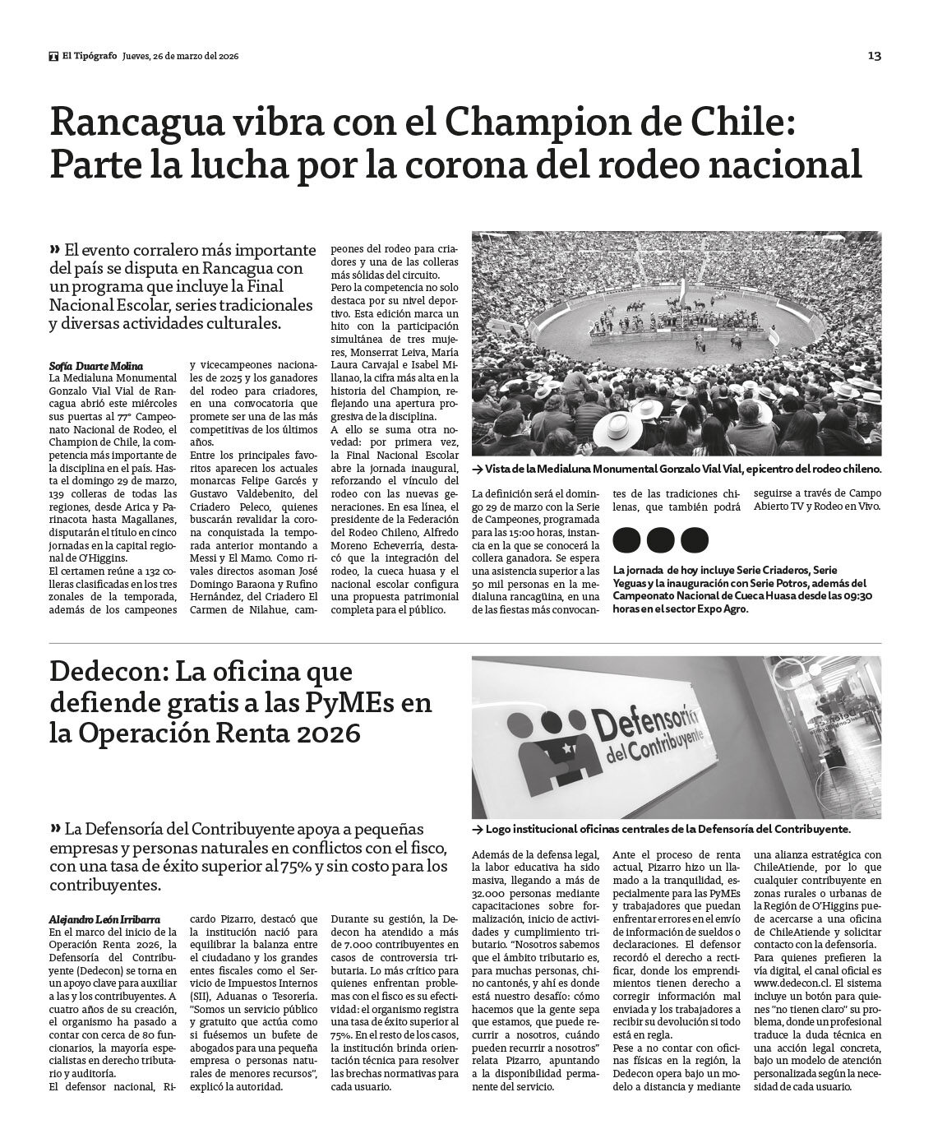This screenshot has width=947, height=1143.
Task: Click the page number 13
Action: pyautogui.click(x=874, y=56)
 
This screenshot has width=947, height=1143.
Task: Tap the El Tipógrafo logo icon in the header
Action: pyautogui.click(x=54, y=56)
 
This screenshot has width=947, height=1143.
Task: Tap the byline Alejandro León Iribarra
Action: pyautogui.click(x=104, y=919)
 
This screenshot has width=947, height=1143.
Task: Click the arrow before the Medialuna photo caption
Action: pyautogui.click(x=477, y=469)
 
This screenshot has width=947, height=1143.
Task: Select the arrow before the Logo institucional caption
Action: pyautogui.click(x=477, y=831)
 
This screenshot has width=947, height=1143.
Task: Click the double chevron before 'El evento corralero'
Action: pyautogui.click(x=54, y=250)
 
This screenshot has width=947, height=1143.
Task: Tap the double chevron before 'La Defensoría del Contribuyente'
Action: pyautogui.click(x=54, y=828)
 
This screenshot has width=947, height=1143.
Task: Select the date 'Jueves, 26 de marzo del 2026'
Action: pyautogui.click(x=180, y=56)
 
